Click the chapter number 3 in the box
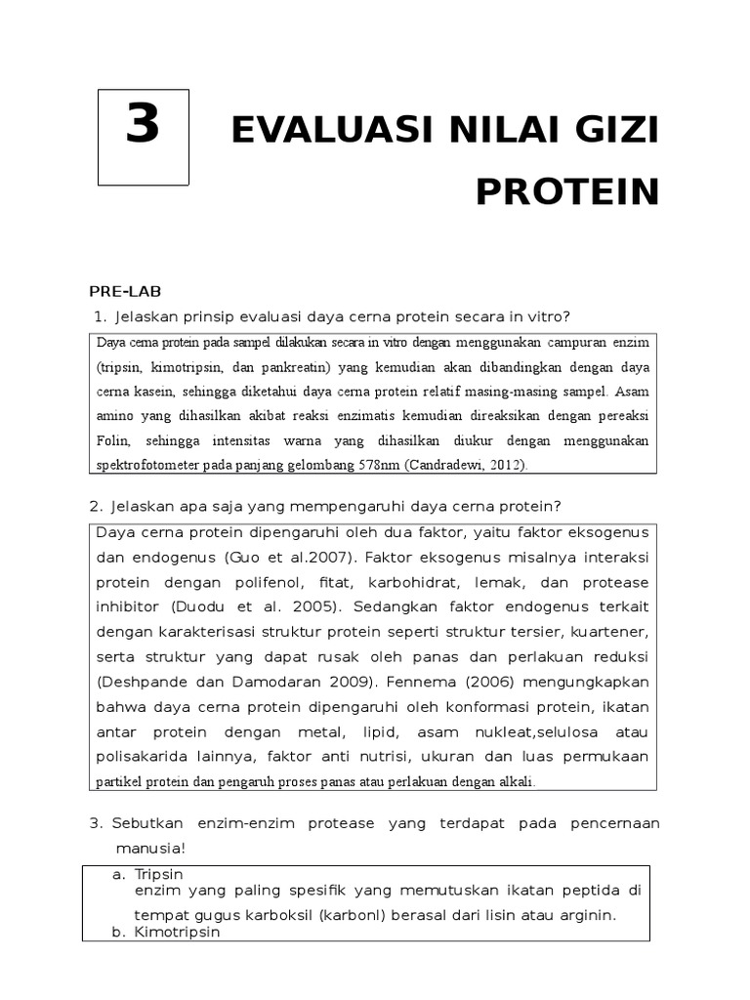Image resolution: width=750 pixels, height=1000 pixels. point(144,126)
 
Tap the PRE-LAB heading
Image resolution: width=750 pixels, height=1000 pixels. point(125,291)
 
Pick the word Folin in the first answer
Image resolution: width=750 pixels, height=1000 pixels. point(113,440)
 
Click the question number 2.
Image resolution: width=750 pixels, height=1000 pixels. point(96,505)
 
